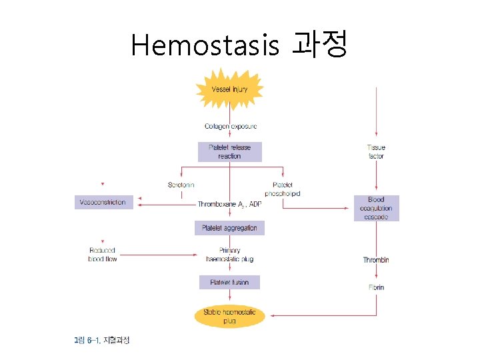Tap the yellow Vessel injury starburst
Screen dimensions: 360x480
click(x=229, y=89)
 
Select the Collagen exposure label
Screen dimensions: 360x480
click(x=230, y=126)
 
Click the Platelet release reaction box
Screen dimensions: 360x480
click(x=229, y=151)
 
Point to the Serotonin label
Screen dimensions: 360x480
click(x=181, y=185)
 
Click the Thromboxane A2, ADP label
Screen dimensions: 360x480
click(x=230, y=204)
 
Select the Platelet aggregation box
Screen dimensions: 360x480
click(x=229, y=228)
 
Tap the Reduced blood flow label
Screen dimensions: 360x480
click(x=102, y=255)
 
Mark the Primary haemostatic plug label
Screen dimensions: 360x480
click(x=229, y=255)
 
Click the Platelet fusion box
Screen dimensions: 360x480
click(x=229, y=283)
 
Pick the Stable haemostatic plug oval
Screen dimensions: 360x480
click(x=229, y=316)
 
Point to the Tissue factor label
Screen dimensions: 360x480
click(x=376, y=151)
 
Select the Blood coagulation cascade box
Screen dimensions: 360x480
click(x=376, y=208)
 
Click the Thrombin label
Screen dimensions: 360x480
click(x=376, y=259)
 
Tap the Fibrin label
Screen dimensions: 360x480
click(x=376, y=287)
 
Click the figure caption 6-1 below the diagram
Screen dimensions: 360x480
click(x=102, y=341)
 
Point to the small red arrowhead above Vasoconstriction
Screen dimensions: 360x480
click(x=102, y=183)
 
